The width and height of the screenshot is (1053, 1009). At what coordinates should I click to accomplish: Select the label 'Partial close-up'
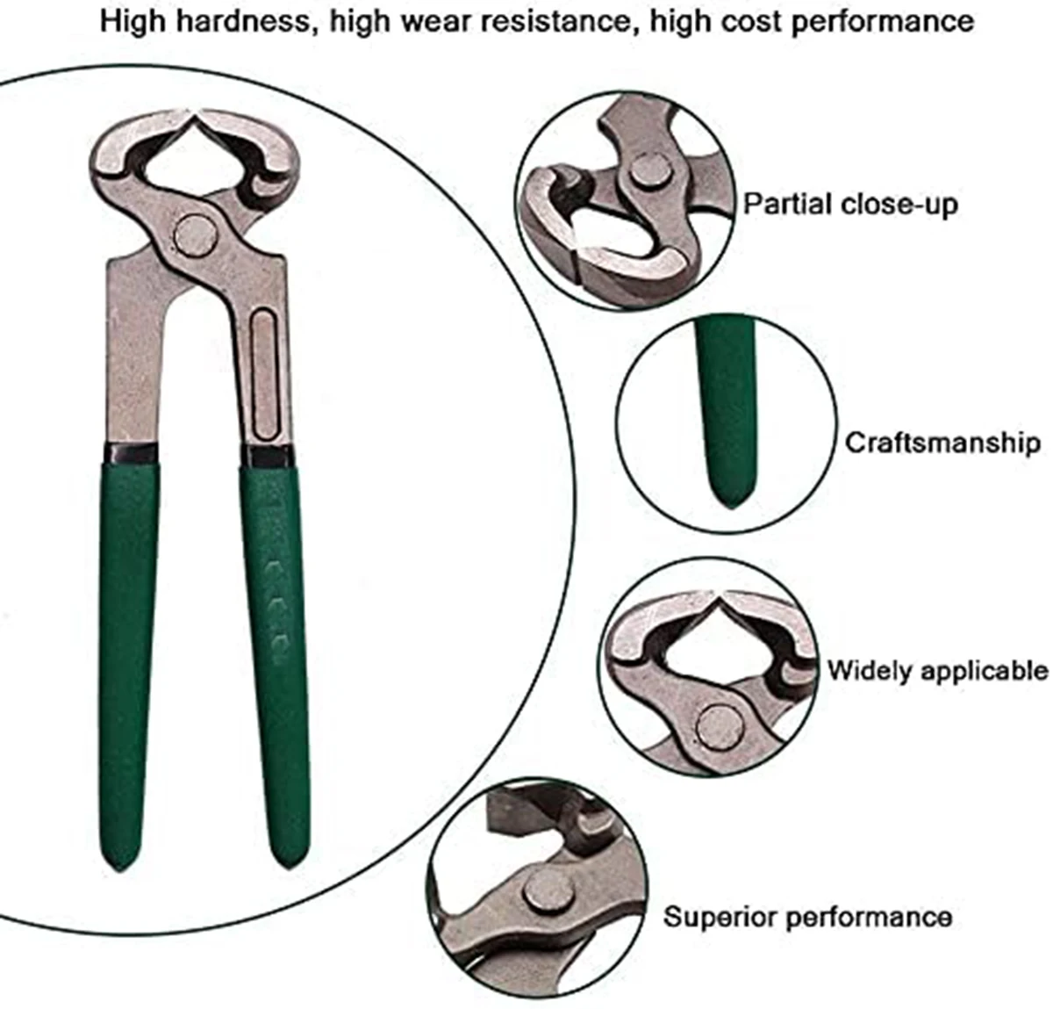pyautogui.click(x=850, y=205)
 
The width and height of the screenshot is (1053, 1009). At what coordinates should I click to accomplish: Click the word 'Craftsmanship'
pyautogui.click(x=942, y=442)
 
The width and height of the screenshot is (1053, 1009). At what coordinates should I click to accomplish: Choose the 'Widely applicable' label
pyautogui.click(x=937, y=671)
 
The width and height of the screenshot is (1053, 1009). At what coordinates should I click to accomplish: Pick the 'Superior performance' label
pyautogui.click(x=807, y=918)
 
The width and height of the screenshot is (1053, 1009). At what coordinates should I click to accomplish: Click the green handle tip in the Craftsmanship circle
pyautogui.click(x=727, y=492)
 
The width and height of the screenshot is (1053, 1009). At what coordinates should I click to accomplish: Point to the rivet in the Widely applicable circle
pyautogui.click(x=718, y=724)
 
